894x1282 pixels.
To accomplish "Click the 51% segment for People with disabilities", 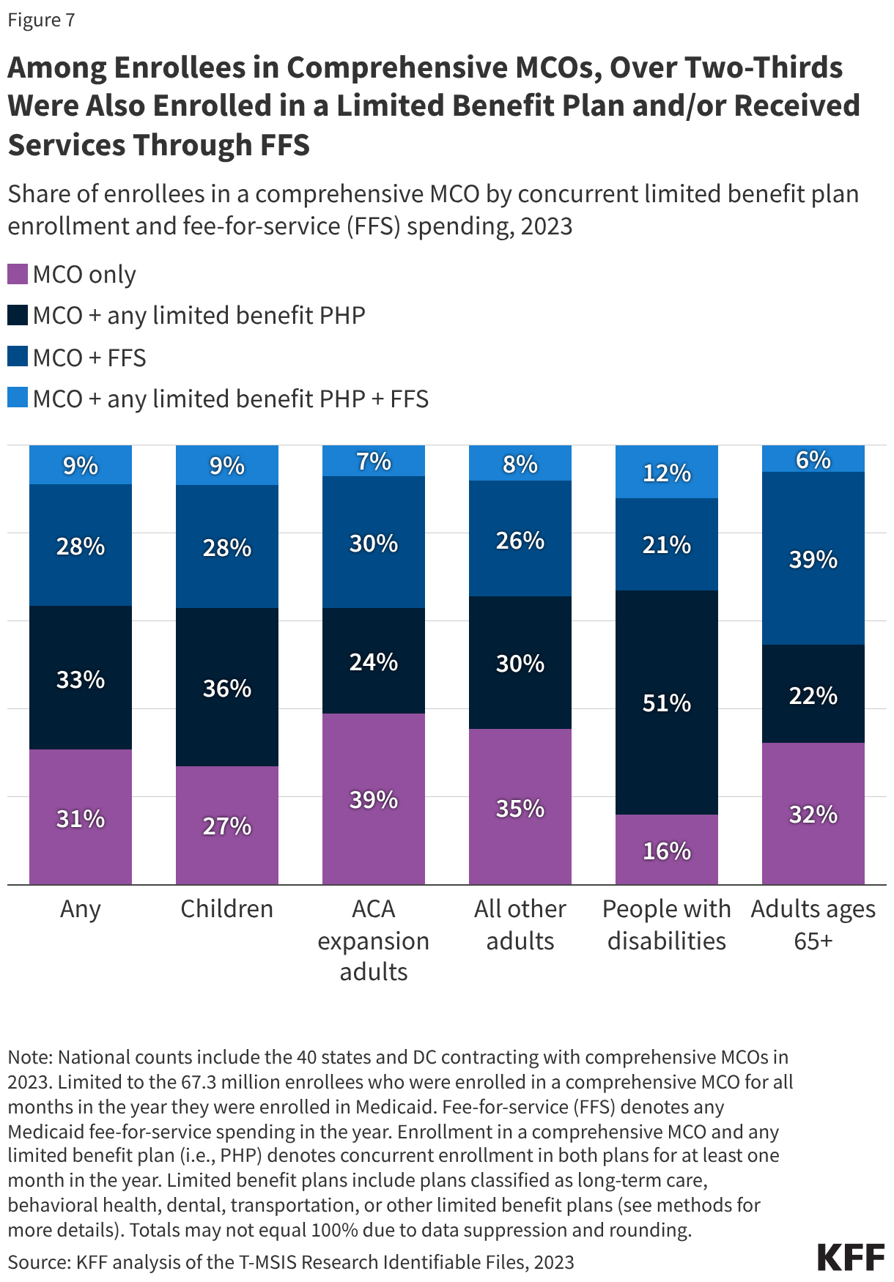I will tap(666, 702).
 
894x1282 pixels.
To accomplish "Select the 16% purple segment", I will tap(666, 850).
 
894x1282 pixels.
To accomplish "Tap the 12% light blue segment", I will tap(666, 472).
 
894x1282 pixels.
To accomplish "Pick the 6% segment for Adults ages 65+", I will tap(813, 459).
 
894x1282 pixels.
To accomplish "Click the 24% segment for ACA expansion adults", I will tap(373, 661).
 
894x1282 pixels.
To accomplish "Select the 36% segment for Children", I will tap(227, 687).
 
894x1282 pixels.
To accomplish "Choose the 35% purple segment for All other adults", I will tap(520, 807).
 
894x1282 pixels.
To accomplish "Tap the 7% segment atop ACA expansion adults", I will tap(373, 461).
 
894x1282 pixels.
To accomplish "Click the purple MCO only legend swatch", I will tap(18, 275).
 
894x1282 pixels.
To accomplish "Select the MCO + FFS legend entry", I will tap(89, 357).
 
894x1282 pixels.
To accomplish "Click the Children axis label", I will tap(227, 908).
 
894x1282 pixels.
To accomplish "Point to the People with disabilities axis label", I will tap(666, 924).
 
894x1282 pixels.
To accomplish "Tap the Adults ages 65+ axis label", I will tap(813, 924).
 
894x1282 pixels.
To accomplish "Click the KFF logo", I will tap(851, 1257).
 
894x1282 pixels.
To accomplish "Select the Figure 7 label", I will tap(41, 20).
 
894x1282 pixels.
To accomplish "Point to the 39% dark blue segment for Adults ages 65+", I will tap(813, 558).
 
